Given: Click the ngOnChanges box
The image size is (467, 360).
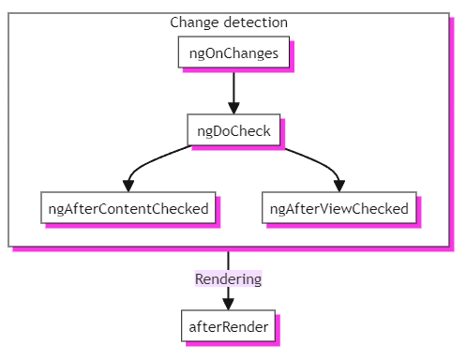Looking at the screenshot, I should tap(233, 52).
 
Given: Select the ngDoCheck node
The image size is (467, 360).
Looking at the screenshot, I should tap(233, 130).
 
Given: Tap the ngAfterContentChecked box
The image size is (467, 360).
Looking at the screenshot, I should tap(128, 208).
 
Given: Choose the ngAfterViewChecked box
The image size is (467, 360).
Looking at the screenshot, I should tap(339, 208).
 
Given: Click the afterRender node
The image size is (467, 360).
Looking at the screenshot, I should tap(228, 326).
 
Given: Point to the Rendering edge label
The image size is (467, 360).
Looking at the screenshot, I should tap(228, 278).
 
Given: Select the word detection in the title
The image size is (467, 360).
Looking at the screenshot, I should tap(255, 22).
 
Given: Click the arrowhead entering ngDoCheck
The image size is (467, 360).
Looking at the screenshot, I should tap(233, 108).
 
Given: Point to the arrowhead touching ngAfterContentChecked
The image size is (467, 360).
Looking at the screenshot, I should tap(128, 186).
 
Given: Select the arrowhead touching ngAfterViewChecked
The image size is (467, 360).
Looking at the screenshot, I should tap(339, 186).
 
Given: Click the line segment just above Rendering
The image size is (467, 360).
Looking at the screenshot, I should tap(228, 259).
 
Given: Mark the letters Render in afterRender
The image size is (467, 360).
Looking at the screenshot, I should tap(246, 326).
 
